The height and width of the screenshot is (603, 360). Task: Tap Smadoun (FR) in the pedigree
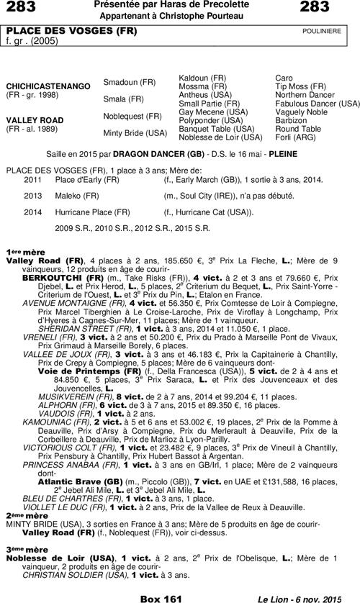point(130,82)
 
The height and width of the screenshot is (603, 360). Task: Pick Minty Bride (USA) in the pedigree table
point(135,132)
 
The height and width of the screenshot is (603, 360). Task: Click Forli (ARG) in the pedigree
point(294,137)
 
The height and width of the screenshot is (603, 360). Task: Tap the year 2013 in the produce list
point(33,195)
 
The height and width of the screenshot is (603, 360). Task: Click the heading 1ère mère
point(26,251)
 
